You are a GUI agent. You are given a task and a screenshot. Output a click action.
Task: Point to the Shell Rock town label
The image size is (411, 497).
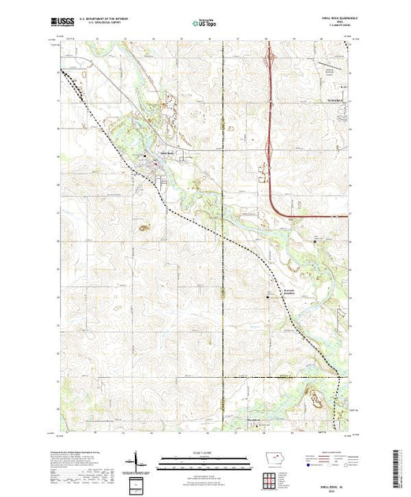pos(166,153)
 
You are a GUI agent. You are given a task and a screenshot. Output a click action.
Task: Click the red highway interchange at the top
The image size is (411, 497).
pos(271,57)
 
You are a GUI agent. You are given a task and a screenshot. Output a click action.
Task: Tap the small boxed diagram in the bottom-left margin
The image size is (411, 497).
pos(139,482)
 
